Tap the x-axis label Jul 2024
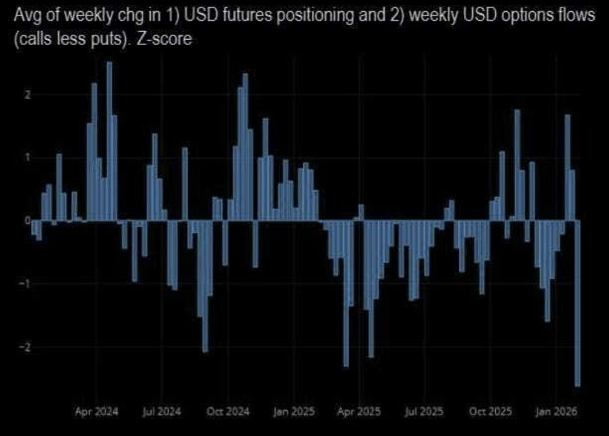click(x=160, y=411)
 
